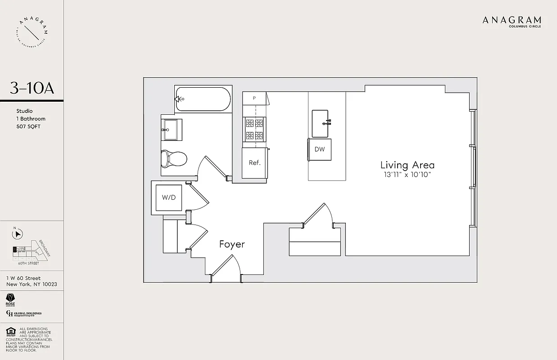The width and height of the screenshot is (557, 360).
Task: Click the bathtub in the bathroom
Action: click(203, 99)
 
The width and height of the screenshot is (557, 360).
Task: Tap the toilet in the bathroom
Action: click(174, 158)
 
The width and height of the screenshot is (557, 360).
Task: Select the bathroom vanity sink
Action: click(172, 129)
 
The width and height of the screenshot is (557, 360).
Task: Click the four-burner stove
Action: click(255, 130)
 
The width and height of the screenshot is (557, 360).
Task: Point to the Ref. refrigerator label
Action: click(255, 163)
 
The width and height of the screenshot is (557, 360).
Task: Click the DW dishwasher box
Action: click(320, 149)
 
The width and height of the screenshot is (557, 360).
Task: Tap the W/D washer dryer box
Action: click(169, 197)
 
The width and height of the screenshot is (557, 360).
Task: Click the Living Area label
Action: click(408, 165)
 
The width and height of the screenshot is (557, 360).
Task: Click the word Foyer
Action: click(232, 244)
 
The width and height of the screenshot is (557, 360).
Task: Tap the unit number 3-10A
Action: click(32, 88)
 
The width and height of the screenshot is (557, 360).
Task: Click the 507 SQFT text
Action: click(28, 126)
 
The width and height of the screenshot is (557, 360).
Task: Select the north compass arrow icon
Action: click(18, 234)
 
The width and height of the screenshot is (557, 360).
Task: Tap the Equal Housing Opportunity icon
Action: click(11, 333)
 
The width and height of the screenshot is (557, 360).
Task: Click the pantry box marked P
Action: click(254, 98)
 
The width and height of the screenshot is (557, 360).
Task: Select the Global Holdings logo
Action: click(24, 314)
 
